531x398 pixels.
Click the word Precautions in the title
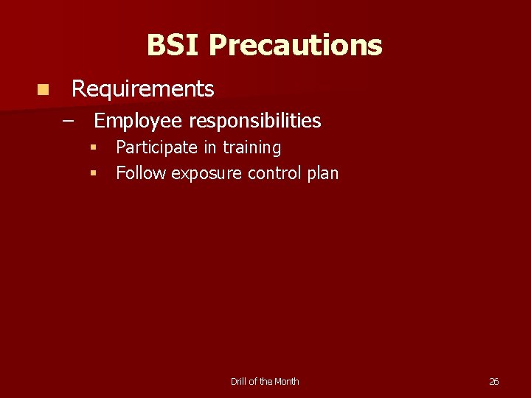[295, 45]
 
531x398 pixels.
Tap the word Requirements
[142, 89]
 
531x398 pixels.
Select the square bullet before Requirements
[44, 90]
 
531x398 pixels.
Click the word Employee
[138, 120]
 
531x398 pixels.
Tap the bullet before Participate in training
[94, 147]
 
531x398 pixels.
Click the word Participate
[156, 147]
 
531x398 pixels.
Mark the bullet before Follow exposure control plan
[94, 174]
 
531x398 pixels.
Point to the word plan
[322, 174]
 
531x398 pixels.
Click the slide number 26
[493, 382]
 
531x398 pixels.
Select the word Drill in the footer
[239, 382]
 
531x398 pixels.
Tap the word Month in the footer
[287, 382]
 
